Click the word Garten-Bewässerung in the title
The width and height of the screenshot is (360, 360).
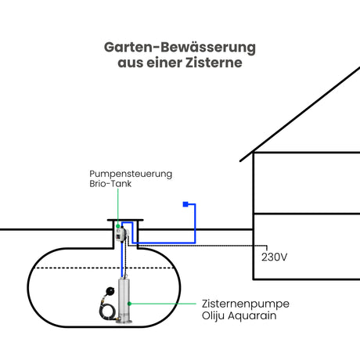180,48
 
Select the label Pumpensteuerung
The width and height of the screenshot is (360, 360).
131,174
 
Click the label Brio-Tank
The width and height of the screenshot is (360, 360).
110,184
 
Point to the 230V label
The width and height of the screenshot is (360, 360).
274,257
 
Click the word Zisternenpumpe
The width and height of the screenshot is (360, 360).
246,304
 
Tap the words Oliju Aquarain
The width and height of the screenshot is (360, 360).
239,315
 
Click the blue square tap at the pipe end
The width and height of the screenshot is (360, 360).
185,204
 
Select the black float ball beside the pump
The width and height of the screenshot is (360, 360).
110,290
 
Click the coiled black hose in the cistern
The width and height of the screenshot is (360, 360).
107,311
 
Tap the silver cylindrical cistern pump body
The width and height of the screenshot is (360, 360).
124,299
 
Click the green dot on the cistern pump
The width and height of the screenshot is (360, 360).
129,304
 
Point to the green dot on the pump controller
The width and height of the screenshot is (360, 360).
118,226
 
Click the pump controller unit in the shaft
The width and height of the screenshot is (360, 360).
121,234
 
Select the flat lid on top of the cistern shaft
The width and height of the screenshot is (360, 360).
125,220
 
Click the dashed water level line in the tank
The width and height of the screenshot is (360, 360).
104,268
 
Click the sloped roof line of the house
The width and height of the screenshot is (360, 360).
300,114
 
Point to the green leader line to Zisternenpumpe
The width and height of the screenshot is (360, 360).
163,304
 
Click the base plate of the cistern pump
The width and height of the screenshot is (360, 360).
124,322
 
